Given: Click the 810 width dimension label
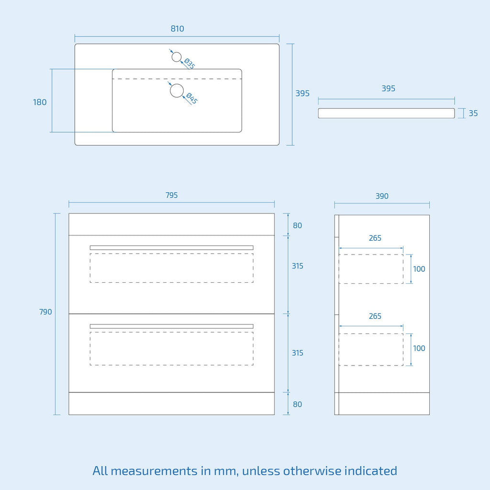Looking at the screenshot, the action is (x=177, y=29).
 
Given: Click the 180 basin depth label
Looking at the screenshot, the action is (x=40, y=102).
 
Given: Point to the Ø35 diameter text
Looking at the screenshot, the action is (x=189, y=64).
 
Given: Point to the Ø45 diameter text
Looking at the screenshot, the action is (x=191, y=98).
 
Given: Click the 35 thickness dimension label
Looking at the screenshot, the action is (x=473, y=113).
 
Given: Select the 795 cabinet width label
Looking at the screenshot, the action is (x=172, y=195).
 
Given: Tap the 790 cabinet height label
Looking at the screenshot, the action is (x=45, y=312).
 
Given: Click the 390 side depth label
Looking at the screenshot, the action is (x=382, y=196).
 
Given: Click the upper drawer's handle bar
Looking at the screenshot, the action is (x=172, y=248).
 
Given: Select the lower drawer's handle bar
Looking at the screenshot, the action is (x=172, y=326).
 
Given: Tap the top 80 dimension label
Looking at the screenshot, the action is (x=297, y=226).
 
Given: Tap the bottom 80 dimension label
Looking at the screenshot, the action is (x=297, y=404).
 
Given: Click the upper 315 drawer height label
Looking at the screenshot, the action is (x=298, y=266).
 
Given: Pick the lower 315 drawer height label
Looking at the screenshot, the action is (x=298, y=353).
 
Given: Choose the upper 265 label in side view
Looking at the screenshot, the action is (x=375, y=238).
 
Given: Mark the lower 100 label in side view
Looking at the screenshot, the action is (x=419, y=348).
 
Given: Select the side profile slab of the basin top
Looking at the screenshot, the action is (x=386, y=113).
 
